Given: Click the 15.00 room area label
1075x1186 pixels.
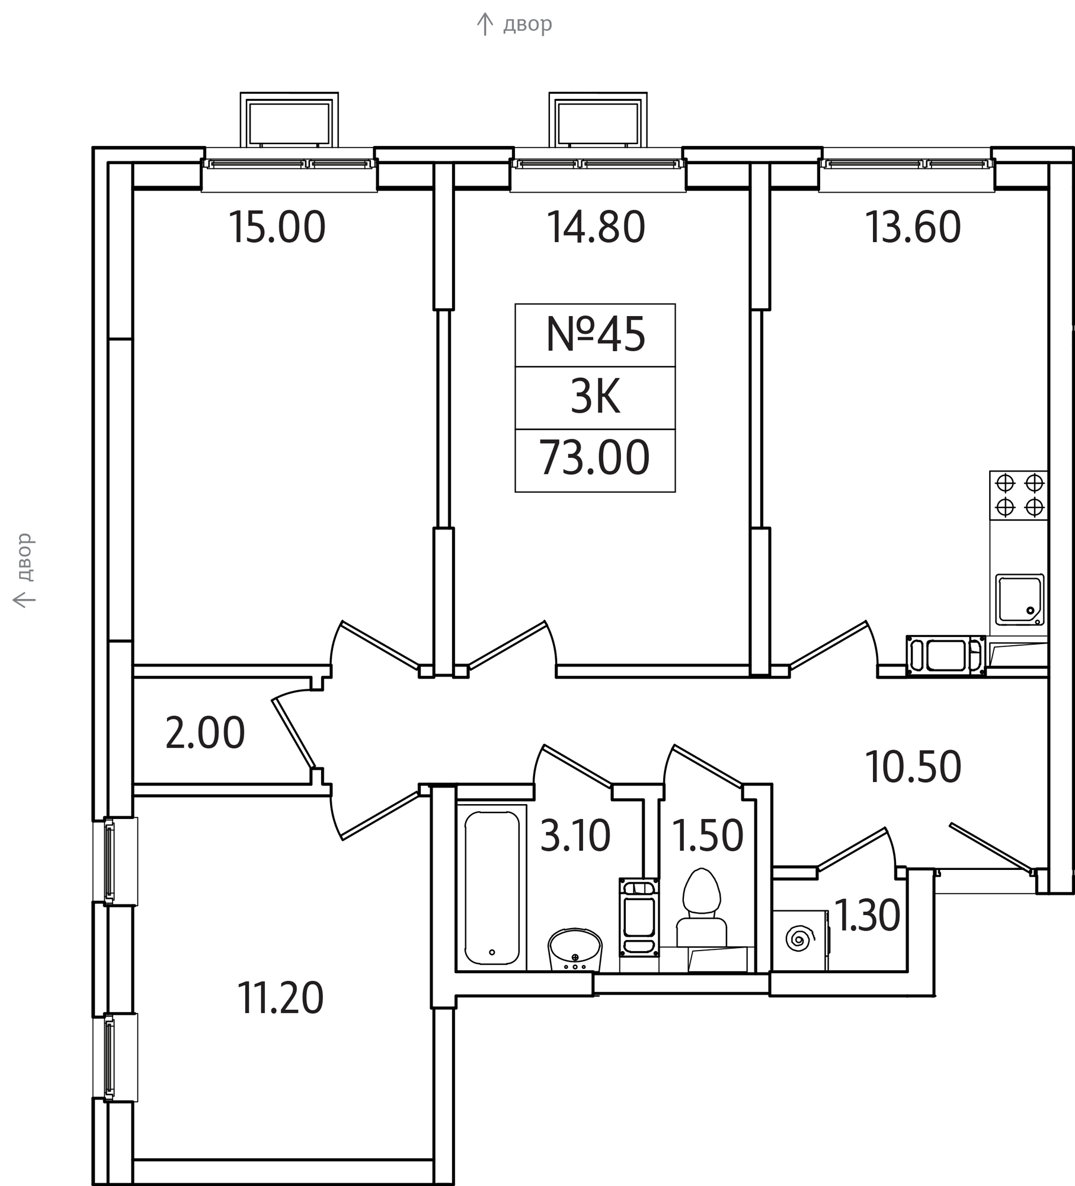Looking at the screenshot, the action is pyautogui.click(x=277, y=227).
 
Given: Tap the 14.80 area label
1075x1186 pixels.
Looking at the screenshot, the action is pyautogui.click(x=596, y=227).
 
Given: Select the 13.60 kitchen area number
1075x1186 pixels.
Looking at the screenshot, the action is pyautogui.click(x=913, y=227).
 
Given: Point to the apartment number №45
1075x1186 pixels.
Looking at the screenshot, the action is pyautogui.click(x=595, y=334).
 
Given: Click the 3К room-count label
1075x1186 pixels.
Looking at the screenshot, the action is pyautogui.click(x=595, y=397).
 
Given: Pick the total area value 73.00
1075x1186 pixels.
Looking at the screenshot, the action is pyautogui.click(x=594, y=458).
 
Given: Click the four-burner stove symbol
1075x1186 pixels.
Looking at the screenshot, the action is pyautogui.click(x=1019, y=495).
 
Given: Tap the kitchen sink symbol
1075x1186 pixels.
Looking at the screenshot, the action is pyautogui.click(x=1019, y=600).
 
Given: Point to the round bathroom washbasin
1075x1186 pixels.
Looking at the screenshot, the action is pyautogui.click(x=575, y=949).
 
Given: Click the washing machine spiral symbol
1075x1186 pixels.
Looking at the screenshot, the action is pyautogui.click(x=797, y=939).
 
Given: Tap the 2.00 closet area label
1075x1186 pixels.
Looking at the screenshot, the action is pyautogui.click(x=205, y=733).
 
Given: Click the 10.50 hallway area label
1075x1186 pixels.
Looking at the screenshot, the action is pyautogui.click(x=913, y=767).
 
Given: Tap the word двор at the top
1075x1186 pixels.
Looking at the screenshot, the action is pyautogui.click(x=527, y=25).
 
